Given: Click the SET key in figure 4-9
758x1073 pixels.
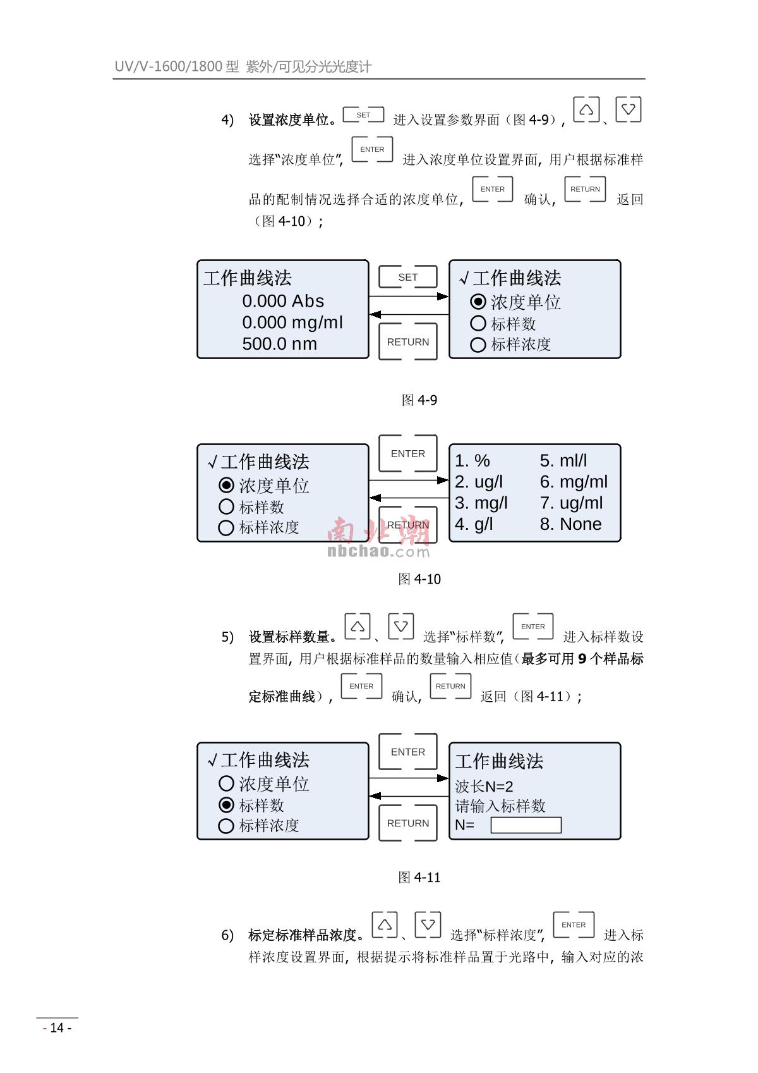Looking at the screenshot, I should (x=407, y=277).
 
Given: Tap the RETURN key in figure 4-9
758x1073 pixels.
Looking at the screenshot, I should (x=407, y=342).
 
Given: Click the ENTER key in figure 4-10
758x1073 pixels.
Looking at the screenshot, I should (x=407, y=453).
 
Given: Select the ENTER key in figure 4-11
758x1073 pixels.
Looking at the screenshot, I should (x=407, y=752).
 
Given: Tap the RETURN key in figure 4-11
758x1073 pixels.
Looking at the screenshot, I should (x=407, y=823).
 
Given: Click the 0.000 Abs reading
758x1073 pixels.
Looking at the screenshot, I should (x=283, y=301).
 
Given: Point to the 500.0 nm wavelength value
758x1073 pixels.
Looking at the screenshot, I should (x=279, y=344).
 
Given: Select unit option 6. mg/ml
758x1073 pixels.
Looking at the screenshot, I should (x=574, y=482).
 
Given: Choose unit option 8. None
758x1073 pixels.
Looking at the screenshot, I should (x=570, y=524).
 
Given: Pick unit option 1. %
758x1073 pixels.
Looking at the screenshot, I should (x=472, y=461).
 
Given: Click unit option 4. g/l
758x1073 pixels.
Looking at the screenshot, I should (x=474, y=524).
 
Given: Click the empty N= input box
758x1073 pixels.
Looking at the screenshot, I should (x=526, y=825).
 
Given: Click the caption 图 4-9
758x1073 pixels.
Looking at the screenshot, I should (x=419, y=400).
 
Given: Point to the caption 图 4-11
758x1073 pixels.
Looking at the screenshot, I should (x=419, y=878).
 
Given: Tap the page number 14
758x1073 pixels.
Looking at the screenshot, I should (x=57, y=1027).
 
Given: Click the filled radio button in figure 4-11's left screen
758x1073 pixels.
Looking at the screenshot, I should (x=226, y=805).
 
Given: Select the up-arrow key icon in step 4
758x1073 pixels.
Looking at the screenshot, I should (x=586, y=109).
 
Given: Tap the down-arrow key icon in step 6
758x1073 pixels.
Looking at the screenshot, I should (x=428, y=924).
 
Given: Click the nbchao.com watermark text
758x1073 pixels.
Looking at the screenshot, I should (x=378, y=551).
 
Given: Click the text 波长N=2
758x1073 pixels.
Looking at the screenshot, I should (x=484, y=787).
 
